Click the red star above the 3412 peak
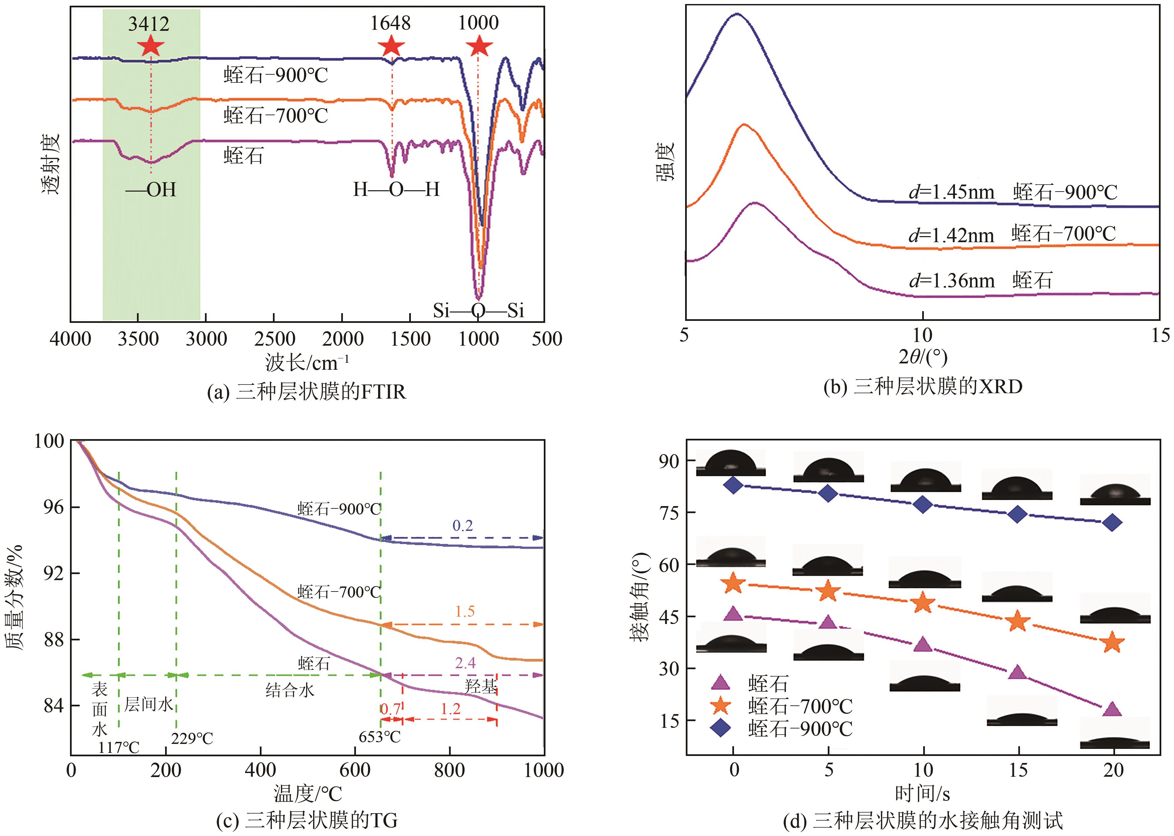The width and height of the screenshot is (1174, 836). tap(150, 46)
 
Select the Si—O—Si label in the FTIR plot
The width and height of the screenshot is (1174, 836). tap(478, 310)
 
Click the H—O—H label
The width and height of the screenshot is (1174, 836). tap(396, 190)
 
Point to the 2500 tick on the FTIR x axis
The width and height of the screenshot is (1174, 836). tap(274, 339)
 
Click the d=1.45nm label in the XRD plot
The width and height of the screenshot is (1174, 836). tap(951, 192)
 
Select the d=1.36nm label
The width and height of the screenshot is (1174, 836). tap(951, 281)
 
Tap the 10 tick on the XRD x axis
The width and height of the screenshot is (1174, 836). tap(922, 336)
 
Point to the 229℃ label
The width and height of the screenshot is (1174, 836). tap(192, 739)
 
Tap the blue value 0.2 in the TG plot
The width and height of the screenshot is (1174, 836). tap(462, 526)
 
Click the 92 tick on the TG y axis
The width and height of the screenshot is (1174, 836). tap(54, 573)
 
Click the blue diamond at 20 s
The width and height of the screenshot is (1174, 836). tap(1112, 522)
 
